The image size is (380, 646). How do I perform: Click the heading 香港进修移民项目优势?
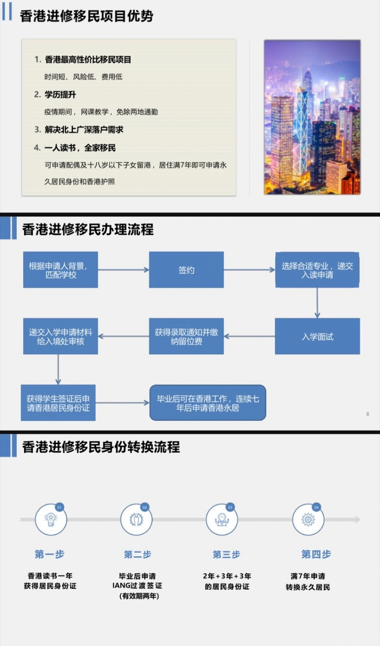(86, 16)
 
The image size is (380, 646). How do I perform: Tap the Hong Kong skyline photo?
(312, 117)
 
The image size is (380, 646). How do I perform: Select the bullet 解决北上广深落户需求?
(84, 130)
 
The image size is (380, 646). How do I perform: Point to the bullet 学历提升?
(60, 95)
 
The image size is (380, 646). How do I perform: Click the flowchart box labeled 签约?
(186, 270)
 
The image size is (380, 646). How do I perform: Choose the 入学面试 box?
(317, 336)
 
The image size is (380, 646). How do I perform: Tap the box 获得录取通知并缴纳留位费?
(186, 336)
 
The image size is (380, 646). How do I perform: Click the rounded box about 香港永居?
(208, 403)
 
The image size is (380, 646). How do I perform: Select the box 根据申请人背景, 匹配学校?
(60, 270)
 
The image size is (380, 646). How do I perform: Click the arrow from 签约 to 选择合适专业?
(249, 270)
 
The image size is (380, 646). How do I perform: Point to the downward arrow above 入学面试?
(317, 303)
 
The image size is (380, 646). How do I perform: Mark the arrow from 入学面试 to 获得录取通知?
(249, 336)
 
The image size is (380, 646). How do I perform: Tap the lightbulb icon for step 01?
(51, 520)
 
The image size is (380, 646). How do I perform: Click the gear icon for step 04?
(308, 520)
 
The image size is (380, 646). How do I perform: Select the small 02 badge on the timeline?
(145, 507)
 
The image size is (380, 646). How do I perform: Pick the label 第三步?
(226, 554)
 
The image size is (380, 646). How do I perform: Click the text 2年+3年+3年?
(227, 576)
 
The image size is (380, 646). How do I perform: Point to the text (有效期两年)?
(139, 596)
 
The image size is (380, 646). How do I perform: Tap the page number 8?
(368, 414)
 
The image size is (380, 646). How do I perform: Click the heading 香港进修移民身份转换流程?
(101, 446)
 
